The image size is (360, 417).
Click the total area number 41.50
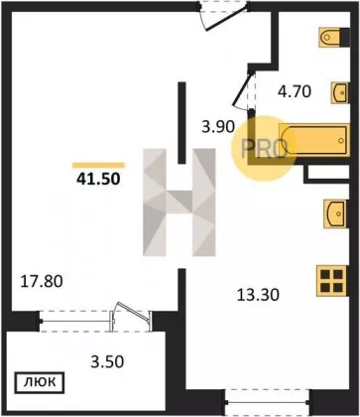pos(98,179)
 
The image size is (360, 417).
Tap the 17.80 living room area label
pos(42,282)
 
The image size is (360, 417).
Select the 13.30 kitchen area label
pos(258,295)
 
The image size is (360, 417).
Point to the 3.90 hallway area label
pos(218,126)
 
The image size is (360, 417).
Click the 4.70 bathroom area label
pos(295,91)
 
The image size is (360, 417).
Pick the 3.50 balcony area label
pos(107,361)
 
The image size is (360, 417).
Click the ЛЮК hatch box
pos(40,382)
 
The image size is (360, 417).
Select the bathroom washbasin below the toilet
pos(339,92)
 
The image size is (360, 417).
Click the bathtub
pos(314,140)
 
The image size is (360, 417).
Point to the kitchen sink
pos(335,213)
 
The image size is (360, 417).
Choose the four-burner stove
pos(331,281)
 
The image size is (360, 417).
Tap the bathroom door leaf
pos(242,89)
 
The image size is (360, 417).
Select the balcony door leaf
pos(132,311)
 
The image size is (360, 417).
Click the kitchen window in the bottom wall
pos(267,402)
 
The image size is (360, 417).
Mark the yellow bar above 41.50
pos(98,166)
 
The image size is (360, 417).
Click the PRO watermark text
pos(264,149)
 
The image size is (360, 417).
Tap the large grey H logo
pos(180,203)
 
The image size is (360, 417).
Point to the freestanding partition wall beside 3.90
pos(181,123)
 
